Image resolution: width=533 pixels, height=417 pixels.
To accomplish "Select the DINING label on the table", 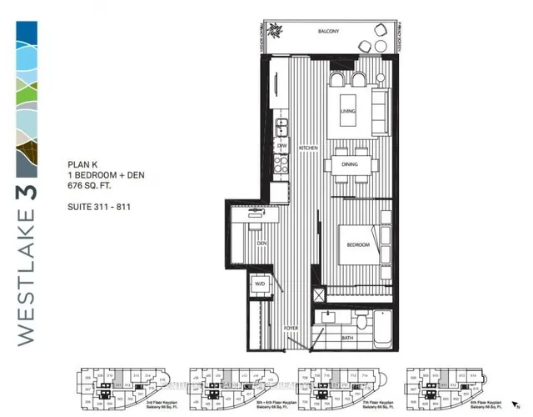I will point(349,164).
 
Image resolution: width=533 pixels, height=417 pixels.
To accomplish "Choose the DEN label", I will point(261,244).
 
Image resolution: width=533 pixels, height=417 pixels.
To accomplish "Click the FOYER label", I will point(291,329).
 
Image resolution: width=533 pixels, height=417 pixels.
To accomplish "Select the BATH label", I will point(346,338).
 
